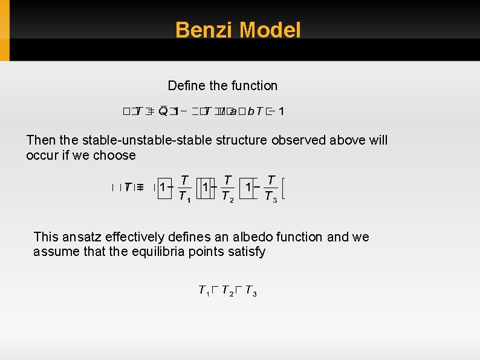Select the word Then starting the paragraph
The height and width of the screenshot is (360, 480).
tap(41, 140)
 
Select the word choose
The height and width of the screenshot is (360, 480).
tap(117, 155)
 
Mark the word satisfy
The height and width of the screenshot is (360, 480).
tap(245, 252)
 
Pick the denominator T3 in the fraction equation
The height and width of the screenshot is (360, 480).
tap(271, 197)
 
